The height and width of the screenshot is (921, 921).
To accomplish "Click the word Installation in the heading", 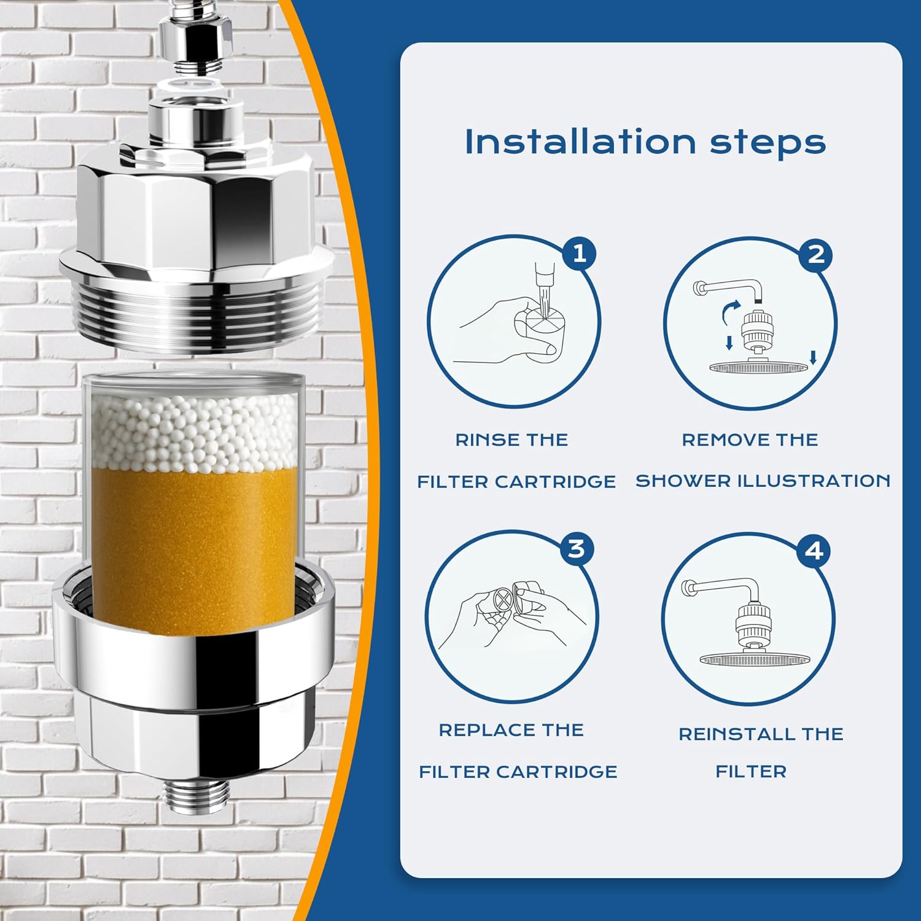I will (x=580, y=142).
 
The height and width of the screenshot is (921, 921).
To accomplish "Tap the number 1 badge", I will (x=579, y=253).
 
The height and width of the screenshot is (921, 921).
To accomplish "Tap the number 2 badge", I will (x=816, y=254).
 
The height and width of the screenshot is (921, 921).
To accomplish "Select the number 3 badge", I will (x=576, y=548).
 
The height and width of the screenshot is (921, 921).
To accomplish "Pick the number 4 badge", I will (x=814, y=551).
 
